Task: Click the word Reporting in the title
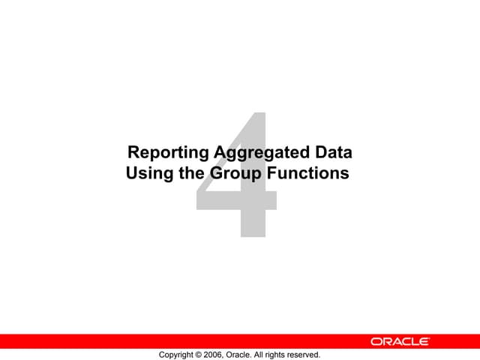169,154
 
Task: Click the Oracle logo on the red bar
400,341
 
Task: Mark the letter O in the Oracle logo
376,341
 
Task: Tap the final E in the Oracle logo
424,341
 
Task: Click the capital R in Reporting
133,153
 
